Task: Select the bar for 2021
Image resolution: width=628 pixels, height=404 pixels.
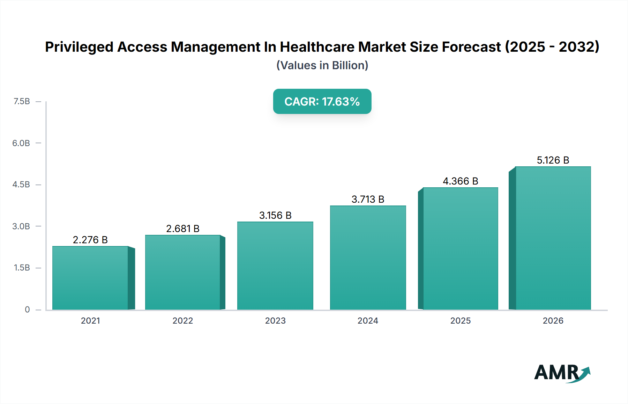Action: (90, 278)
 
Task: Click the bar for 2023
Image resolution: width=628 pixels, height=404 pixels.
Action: (275, 266)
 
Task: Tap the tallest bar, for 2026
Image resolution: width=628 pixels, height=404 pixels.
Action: (553, 238)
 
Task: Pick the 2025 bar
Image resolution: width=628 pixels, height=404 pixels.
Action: (461, 248)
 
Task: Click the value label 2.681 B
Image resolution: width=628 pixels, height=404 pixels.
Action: (182, 229)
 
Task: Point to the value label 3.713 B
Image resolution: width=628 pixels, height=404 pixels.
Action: (368, 199)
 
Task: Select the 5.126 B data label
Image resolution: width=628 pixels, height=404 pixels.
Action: (553, 160)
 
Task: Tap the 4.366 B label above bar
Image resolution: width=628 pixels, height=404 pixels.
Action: (461, 181)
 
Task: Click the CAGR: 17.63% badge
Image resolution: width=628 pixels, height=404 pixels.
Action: (322, 101)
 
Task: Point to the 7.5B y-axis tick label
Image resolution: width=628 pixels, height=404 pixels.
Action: (22, 101)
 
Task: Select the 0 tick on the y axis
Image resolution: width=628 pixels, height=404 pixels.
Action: (27, 309)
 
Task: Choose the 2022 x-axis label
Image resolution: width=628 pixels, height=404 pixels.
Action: (182, 320)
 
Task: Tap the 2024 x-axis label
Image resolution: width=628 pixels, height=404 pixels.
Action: (368, 320)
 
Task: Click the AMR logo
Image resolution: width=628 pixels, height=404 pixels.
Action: (562, 373)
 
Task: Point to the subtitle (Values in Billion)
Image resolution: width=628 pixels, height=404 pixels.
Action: (322, 65)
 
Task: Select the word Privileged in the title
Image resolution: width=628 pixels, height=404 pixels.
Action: (79, 47)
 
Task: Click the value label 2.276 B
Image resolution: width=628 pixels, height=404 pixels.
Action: (90, 240)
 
